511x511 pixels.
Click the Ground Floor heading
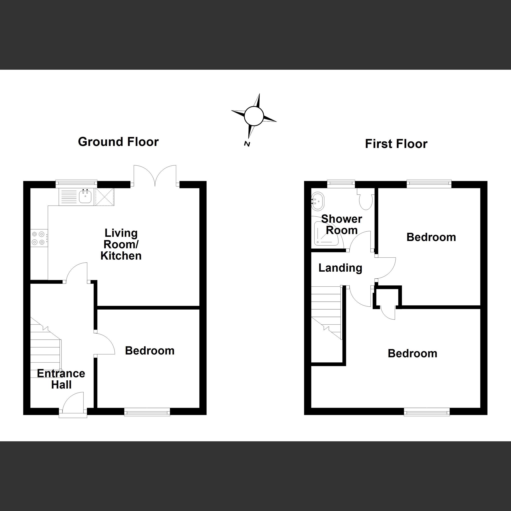(x=118, y=142)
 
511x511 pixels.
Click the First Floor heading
(x=396, y=144)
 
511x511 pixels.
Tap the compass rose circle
(x=254, y=116)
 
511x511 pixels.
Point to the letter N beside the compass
(x=247, y=144)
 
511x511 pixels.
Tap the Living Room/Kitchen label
(x=121, y=244)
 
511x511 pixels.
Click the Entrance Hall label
(x=61, y=379)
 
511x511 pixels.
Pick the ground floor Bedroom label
(x=150, y=351)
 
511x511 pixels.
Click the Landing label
(x=340, y=268)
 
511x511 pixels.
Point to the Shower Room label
(x=342, y=225)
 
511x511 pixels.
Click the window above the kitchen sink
(x=76, y=183)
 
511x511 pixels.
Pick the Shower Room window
(x=341, y=183)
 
